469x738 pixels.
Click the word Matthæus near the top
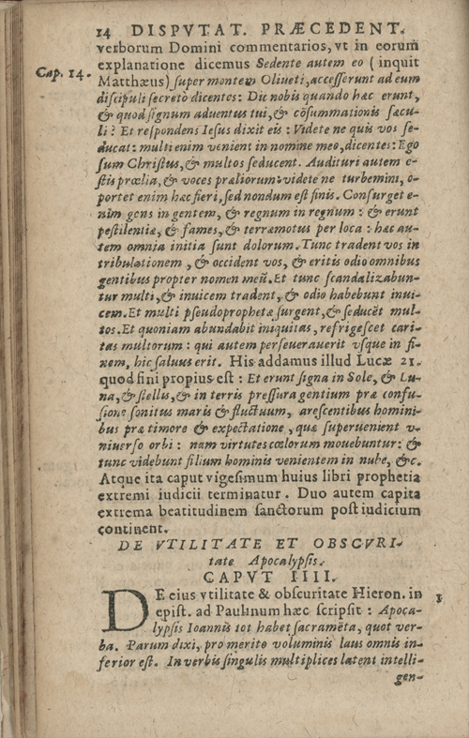[x=129, y=91]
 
